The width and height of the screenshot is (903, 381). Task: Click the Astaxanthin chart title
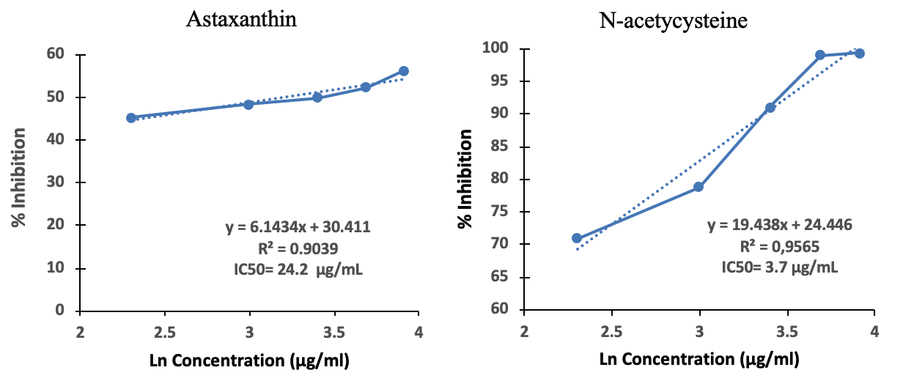click(x=241, y=19)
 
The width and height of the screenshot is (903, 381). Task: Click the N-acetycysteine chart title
click(x=674, y=21)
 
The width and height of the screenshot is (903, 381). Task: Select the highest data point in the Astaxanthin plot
click(x=404, y=71)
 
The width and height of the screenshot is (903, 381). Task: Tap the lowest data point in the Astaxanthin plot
click(x=131, y=117)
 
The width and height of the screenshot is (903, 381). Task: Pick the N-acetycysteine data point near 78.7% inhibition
click(x=699, y=187)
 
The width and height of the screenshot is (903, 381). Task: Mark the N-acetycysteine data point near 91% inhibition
click(x=770, y=108)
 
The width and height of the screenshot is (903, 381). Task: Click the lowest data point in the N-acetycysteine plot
click(x=577, y=238)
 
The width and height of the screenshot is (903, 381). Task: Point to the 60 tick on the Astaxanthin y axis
click(x=56, y=54)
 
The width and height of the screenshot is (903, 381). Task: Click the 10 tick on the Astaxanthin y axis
click(x=56, y=268)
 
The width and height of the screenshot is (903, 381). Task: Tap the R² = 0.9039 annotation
click(x=296, y=249)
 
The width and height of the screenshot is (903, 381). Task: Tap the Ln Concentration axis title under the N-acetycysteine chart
click(x=699, y=360)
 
